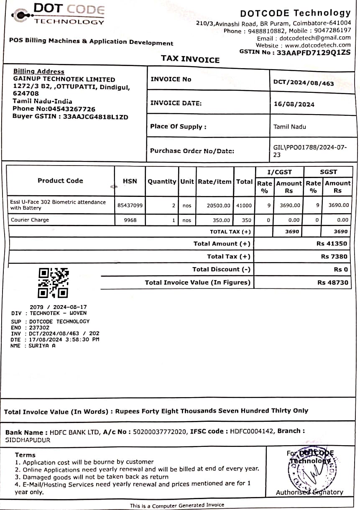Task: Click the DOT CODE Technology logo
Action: coord(59,14)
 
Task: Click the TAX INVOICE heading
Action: coord(190,59)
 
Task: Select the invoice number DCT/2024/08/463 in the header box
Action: coord(304,83)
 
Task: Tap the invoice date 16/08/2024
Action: coord(294,104)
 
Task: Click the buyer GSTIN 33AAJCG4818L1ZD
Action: coord(95,117)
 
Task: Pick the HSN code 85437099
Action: coord(130,205)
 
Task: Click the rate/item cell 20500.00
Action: coord(218,205)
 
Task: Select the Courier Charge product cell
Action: coord(30,220)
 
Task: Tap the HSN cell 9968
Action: coord(130,220)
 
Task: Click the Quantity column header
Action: coord(162,181)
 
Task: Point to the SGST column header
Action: coord(328,172)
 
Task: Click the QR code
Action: coord(54,283)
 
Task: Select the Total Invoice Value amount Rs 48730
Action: coord(332,282)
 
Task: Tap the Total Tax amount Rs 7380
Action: coord(334,256)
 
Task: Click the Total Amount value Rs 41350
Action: coord(332,243)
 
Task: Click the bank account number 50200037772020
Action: coord(160,431)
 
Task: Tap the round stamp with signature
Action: coord(309,472)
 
